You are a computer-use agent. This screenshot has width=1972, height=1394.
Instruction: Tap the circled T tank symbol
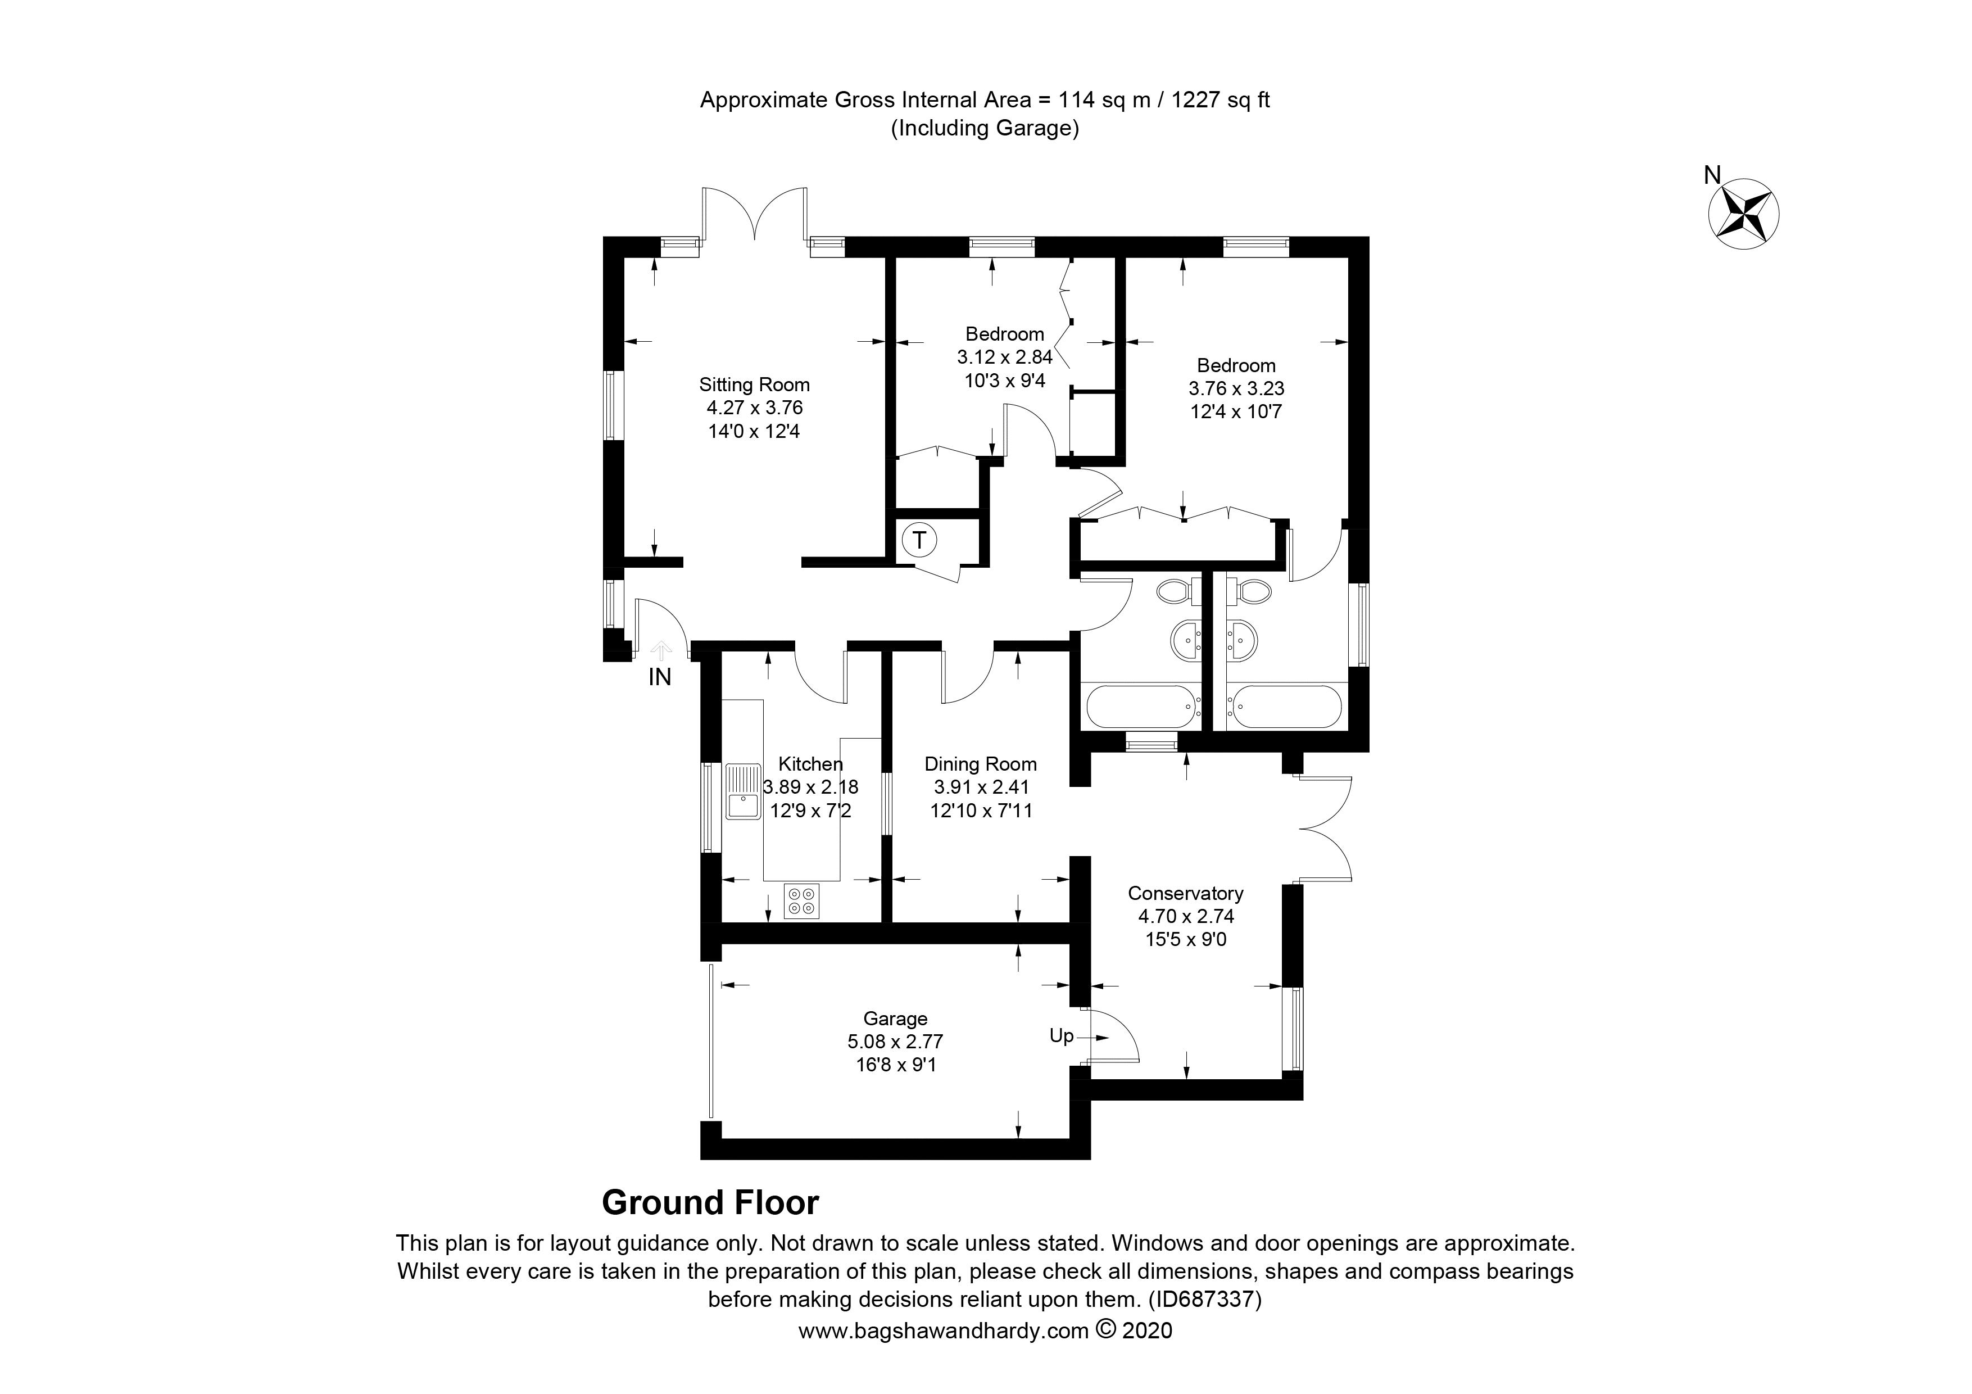point(919,540)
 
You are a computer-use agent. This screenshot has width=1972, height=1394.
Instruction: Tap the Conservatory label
point(1185,893)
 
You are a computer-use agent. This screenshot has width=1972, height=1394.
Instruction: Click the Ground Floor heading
point(710,1202)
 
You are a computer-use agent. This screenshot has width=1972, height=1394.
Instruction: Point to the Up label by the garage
point(1062,1036)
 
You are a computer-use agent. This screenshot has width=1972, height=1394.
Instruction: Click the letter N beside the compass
point(1712,176)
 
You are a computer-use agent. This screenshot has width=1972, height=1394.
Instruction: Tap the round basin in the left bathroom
point(1190,640)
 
